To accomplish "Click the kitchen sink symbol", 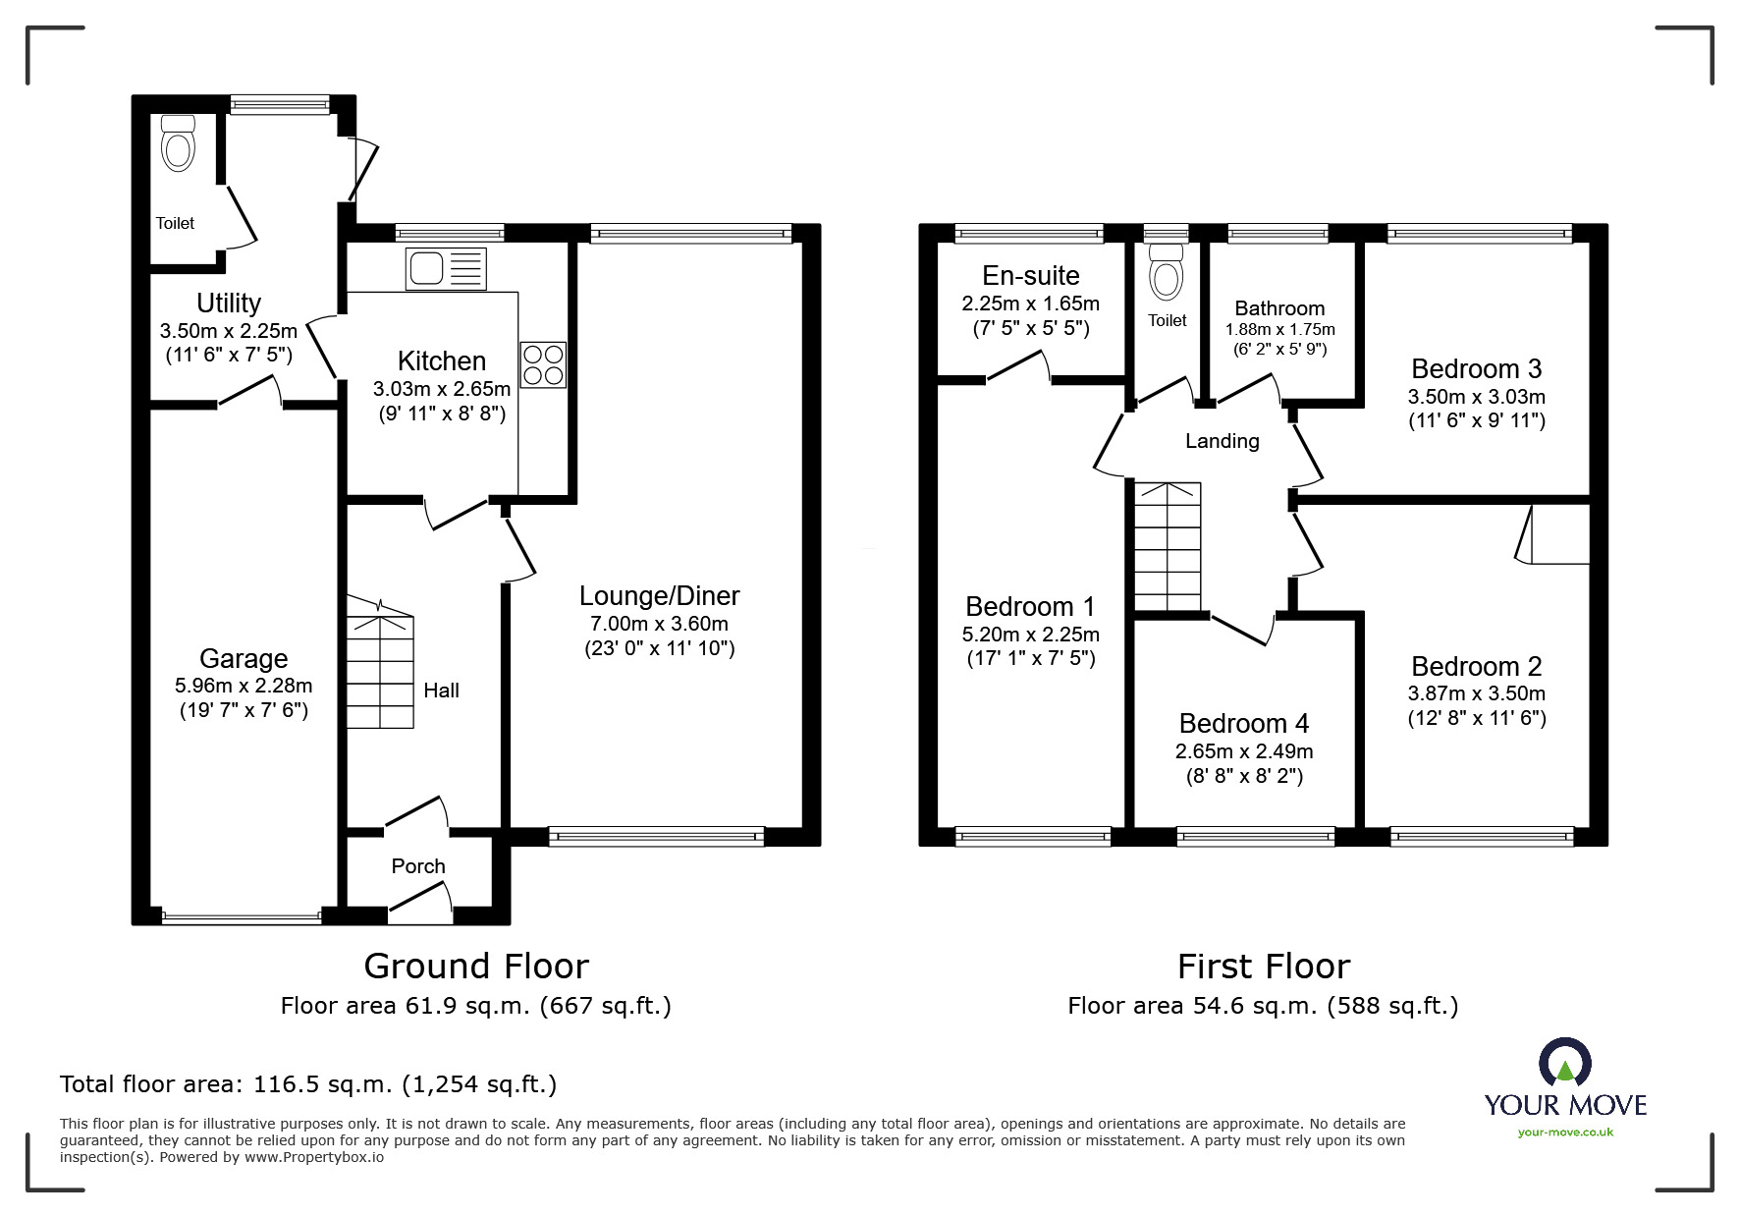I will coord(445,268).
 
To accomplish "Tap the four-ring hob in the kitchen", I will coord(543,364).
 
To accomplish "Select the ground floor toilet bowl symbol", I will coord(178,144).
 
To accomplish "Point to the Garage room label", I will coord(244,658).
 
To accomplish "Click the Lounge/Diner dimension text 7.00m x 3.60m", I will coord(659,623).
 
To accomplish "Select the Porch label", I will coord(418,866).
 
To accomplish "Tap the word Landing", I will coord(1222,441).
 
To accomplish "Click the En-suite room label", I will coord(1030,276).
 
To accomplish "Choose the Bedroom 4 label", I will coord(1243,724).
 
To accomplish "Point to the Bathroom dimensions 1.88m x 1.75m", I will coord(1279,330).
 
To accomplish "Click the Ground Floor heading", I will coord(476,967).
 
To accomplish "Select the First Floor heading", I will coord(1263,967).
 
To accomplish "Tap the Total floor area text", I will coord(308,1084).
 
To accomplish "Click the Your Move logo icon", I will coord(1564,1063).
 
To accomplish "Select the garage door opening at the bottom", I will coord(242,918).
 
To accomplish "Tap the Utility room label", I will coord(228,303).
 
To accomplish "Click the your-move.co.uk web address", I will coord(1565,1133).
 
